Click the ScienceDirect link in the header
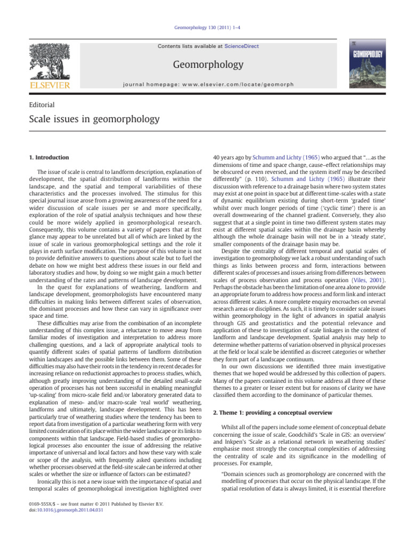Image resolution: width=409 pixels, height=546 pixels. click(x=241, y=46)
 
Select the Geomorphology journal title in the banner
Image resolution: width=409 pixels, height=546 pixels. click(x=208, y=65)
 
